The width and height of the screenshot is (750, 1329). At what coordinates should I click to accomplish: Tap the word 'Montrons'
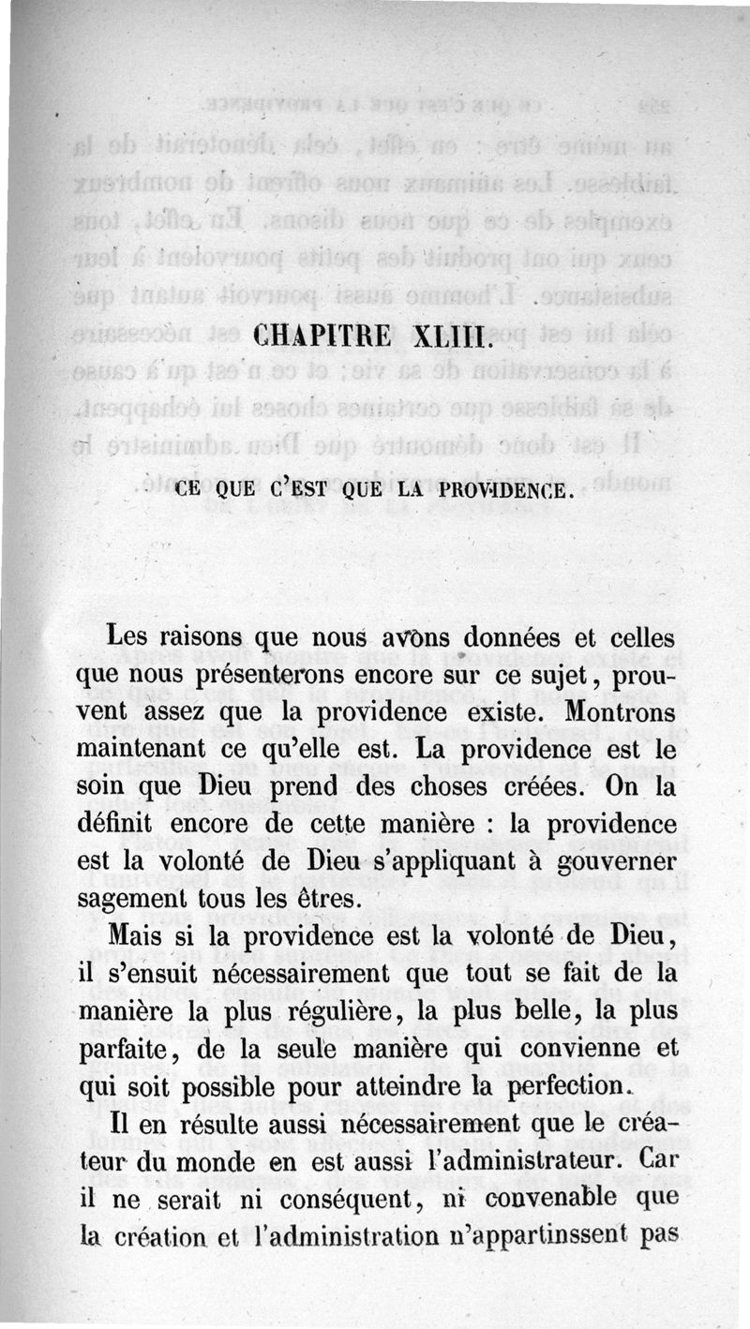620,711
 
